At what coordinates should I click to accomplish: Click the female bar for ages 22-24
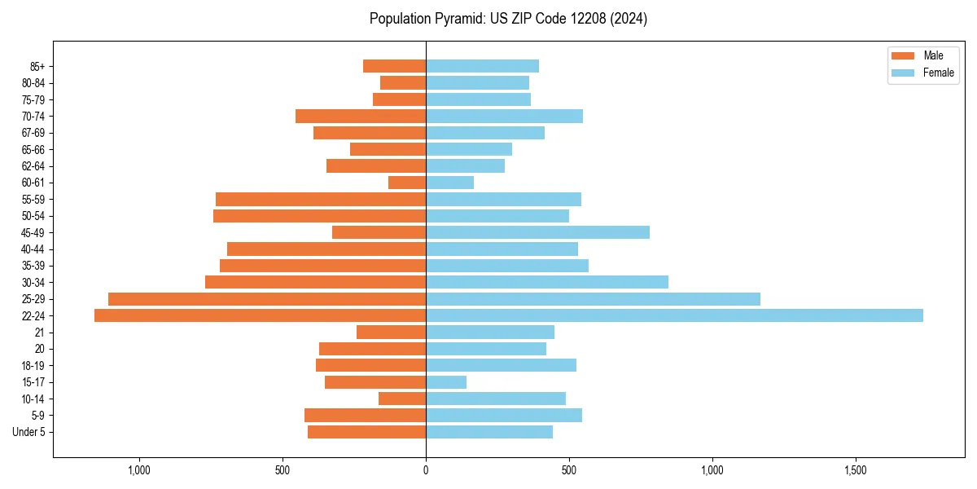click(674, 315)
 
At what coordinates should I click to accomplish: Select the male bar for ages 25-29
click(267, 299)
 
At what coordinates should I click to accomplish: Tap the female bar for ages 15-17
click(446, 382)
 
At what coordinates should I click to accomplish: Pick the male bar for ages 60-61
click(407, 183)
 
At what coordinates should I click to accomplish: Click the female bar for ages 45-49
click(537, 232)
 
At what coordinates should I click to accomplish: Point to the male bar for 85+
click(394, 66)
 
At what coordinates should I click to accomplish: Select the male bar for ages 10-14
click(402, 399)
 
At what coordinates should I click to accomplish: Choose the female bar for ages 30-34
click(547, 282)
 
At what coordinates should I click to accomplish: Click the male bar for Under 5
click(366, 432)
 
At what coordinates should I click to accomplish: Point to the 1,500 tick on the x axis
click(855, 471)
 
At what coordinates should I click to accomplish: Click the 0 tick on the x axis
click(426, 471)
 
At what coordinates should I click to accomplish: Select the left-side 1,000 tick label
click(139, 471)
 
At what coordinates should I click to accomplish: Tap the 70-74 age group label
click(33, 116)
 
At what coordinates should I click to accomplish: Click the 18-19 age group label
click(33, 366)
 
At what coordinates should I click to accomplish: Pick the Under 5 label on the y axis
click(29, 432)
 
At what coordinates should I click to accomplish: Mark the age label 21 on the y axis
click(40, 333)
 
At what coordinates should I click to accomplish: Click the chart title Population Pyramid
click(508, 19)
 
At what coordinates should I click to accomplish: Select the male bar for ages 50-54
click(319, 216)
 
